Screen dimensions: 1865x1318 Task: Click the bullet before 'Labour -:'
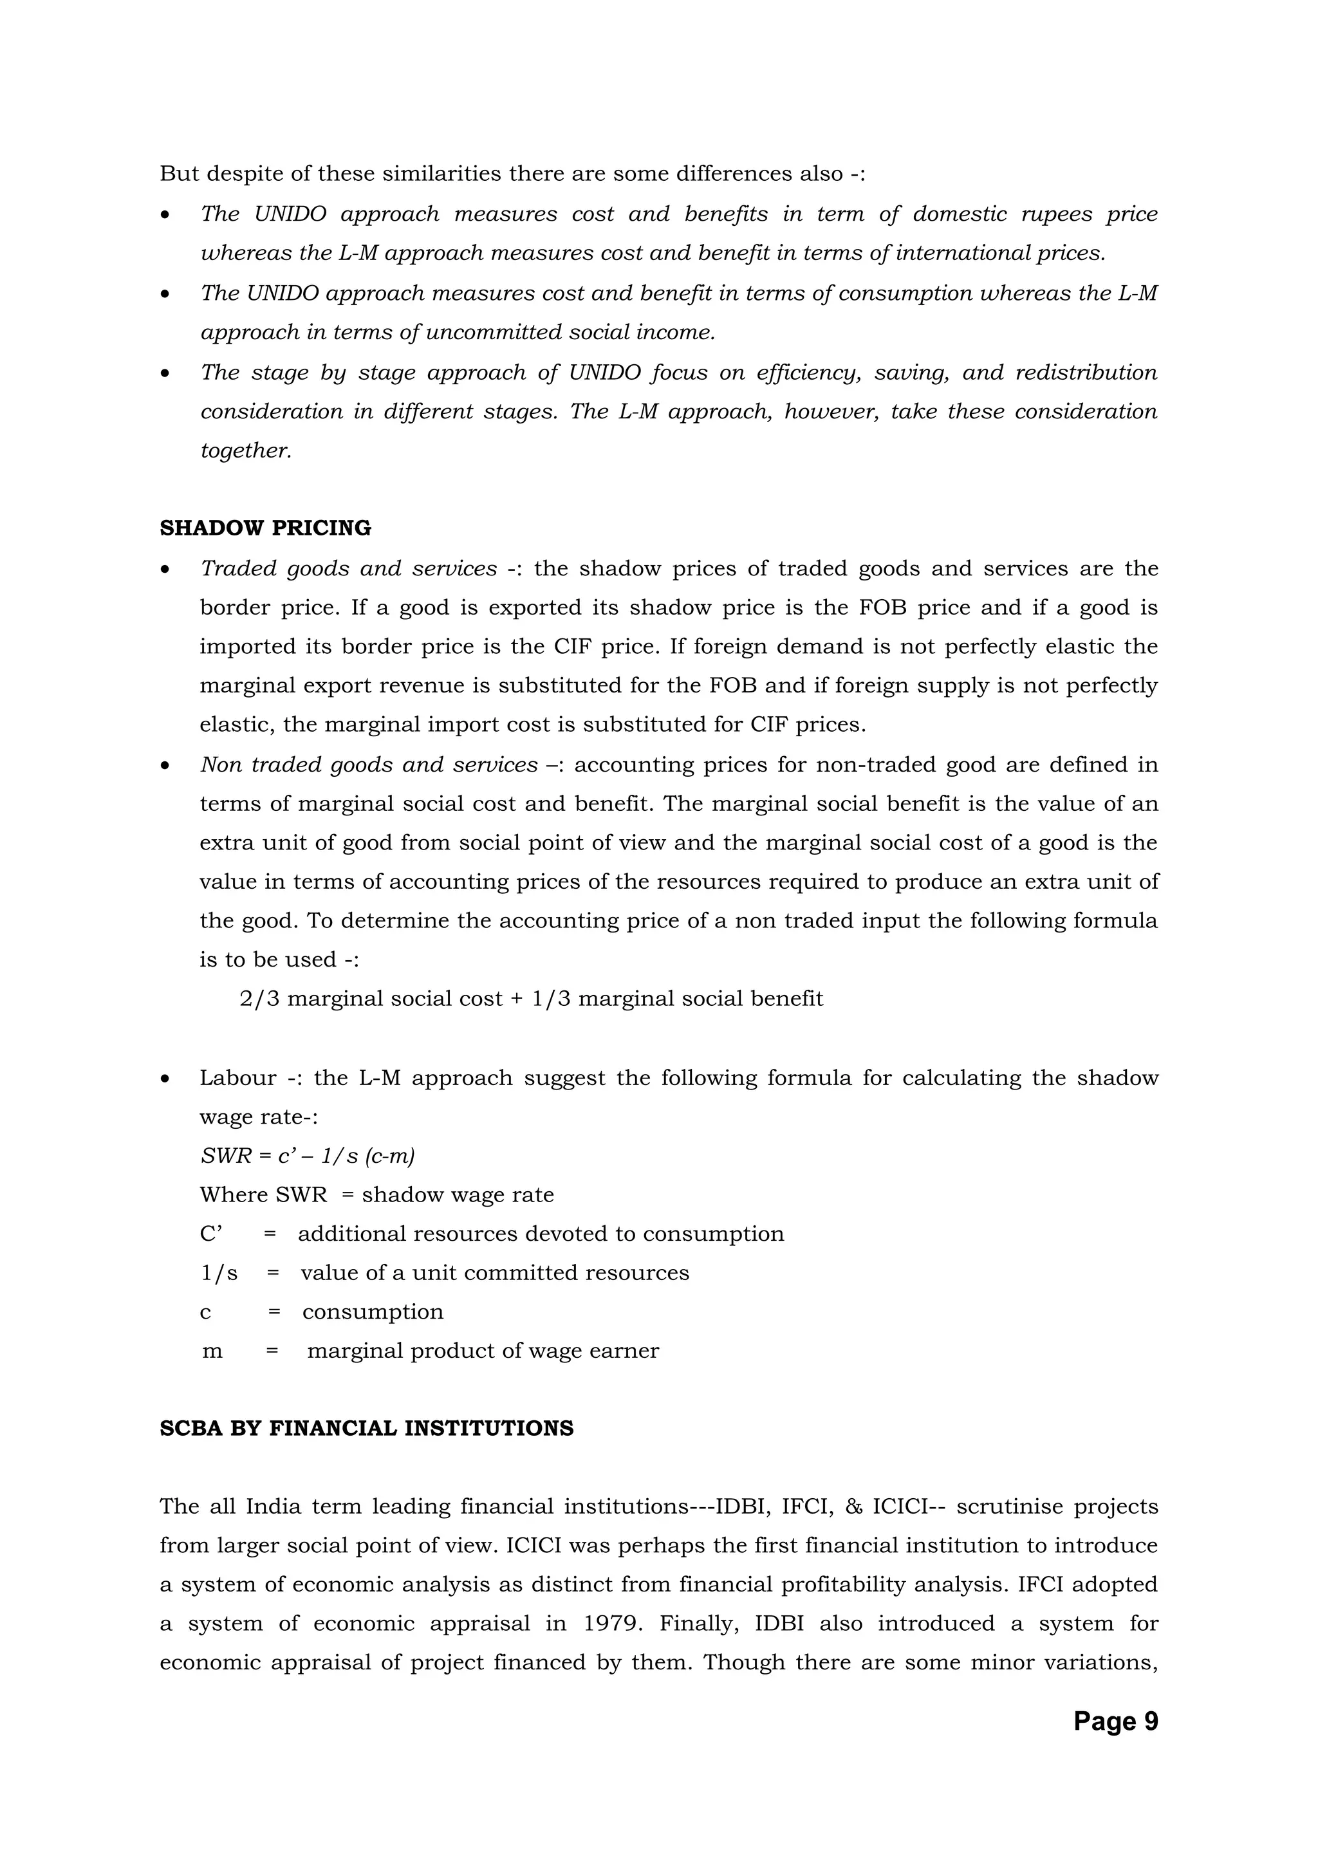pyautogui.click(x=165, y=1079)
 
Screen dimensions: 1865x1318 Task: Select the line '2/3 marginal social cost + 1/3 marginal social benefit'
pyautogui.click(x=531, y=998)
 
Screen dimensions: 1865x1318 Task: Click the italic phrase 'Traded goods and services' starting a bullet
pyautogui.click(x=348, y=569)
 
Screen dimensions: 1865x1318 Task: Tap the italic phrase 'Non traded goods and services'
pyautogui.click(x=369, y=765)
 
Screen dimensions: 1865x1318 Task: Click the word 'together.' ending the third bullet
pyautogui.click(x=246, y=451)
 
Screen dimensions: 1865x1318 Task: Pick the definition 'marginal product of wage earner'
pyautogui.click(x=483, y=1351)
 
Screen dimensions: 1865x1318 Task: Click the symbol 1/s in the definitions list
pyautogui.click(x=219, y=1273)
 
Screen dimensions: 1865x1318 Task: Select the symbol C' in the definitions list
pyautogui.click(x=211, y=1234)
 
